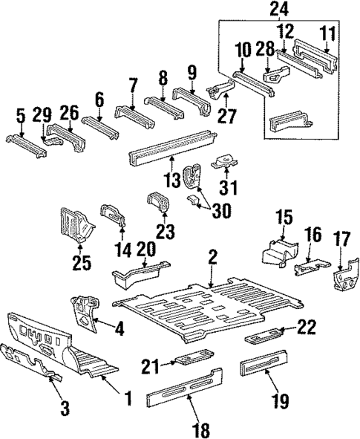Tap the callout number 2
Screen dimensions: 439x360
tap(213, 258)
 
